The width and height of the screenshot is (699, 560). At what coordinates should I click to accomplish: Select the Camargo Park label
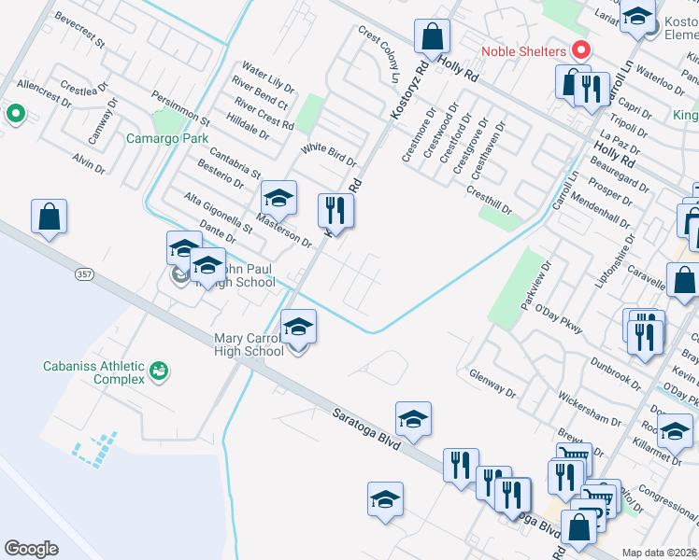(167, 138)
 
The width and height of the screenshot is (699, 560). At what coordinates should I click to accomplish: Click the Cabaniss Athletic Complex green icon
(160, 371)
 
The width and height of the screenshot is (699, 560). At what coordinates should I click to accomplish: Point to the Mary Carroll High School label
(250, 344)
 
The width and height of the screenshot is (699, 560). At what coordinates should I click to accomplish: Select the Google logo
(31, 548)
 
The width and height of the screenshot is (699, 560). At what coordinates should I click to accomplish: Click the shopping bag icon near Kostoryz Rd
(432, 37)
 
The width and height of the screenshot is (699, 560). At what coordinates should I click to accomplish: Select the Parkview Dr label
(534, 279)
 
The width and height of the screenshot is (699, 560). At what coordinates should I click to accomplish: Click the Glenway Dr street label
(492, 382)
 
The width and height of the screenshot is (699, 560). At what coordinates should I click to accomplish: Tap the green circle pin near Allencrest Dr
(15, 115)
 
